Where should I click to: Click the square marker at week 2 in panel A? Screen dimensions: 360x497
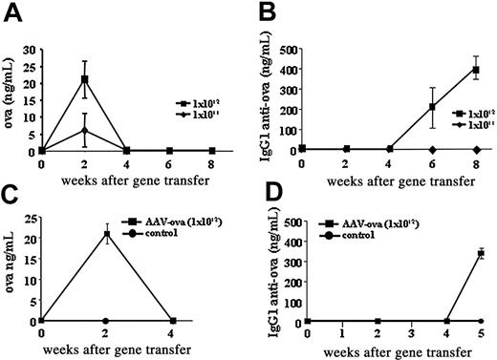[85, 79]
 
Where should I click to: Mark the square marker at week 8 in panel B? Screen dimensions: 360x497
[475, 70]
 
